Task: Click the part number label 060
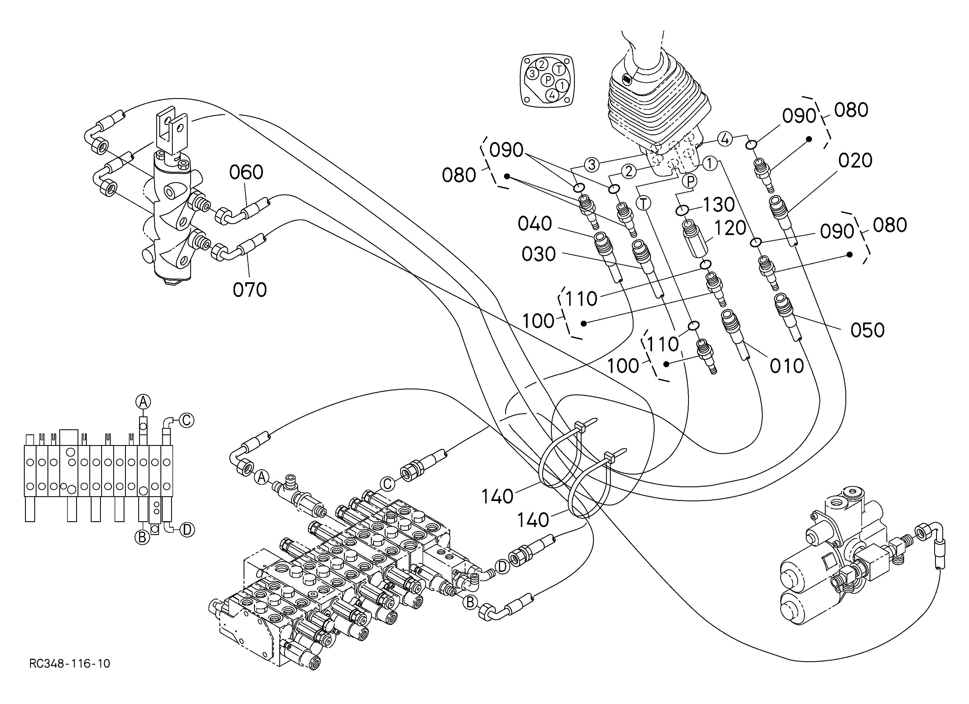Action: (246, 172)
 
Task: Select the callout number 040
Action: (535, 224)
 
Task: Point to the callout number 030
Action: (539, 254)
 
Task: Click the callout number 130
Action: (719, 205)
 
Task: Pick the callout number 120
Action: (730, 228)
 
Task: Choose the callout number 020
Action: (855, 161)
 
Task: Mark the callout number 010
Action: (787, 366)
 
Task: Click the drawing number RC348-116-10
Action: (70, 664)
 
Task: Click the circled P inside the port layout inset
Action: (547, 80)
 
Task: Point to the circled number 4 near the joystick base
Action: (725, 139)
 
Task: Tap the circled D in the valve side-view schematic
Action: (187, 530)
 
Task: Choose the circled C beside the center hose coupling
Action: (387, 484)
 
